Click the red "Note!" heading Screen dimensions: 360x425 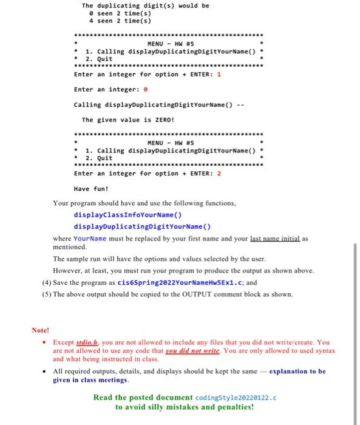(x=40, y=331)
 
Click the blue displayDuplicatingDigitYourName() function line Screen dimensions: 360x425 (x=142, y=226)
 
